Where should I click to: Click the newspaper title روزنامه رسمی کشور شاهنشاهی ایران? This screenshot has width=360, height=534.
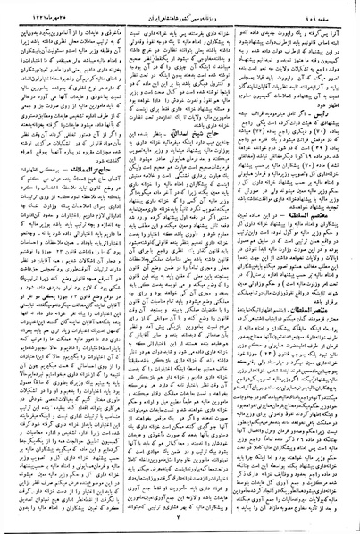[179, 8]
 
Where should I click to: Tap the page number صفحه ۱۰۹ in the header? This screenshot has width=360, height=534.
[335, 8]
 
